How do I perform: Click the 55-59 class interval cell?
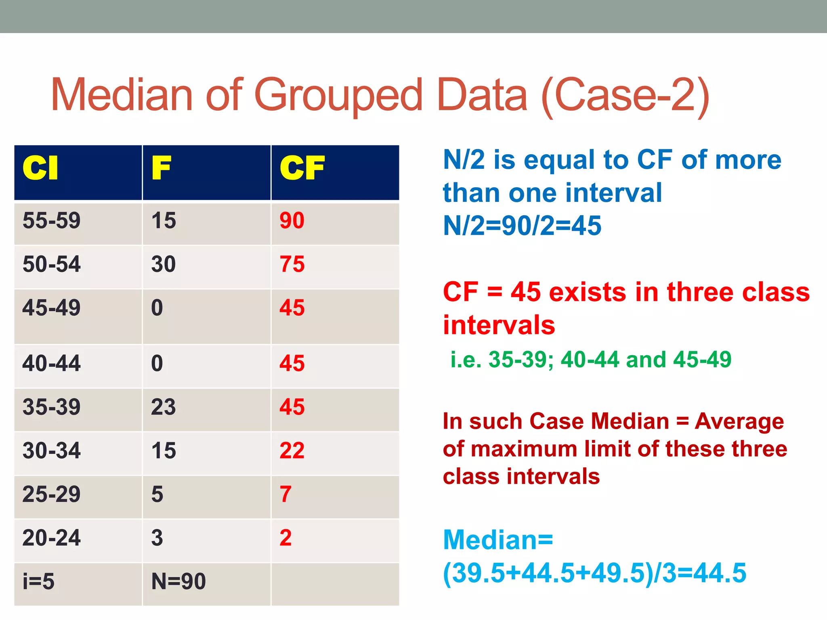click(x=52, y=221)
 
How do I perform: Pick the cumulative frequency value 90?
click(x=292, y=221)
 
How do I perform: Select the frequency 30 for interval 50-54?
click(x=164, y=264)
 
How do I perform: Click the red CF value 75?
click(x=292, y=264)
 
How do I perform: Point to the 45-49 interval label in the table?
click(x=52, y=308)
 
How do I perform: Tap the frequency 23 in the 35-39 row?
click(x=164, y=407)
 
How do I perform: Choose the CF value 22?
click(x=292, y=450)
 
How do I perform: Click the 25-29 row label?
click(x=52, y=494)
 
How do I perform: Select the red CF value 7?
click(x=285, y=494)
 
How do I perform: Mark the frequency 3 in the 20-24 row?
click(x=157, y=538)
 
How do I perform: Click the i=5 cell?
click(x=38, y=582)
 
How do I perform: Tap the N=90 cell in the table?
click(x=178, y=582)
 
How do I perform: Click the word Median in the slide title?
click(x=122, y=95)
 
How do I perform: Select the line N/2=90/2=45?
click(x=522, y=226)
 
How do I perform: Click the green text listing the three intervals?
click(x=591, y=360)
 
